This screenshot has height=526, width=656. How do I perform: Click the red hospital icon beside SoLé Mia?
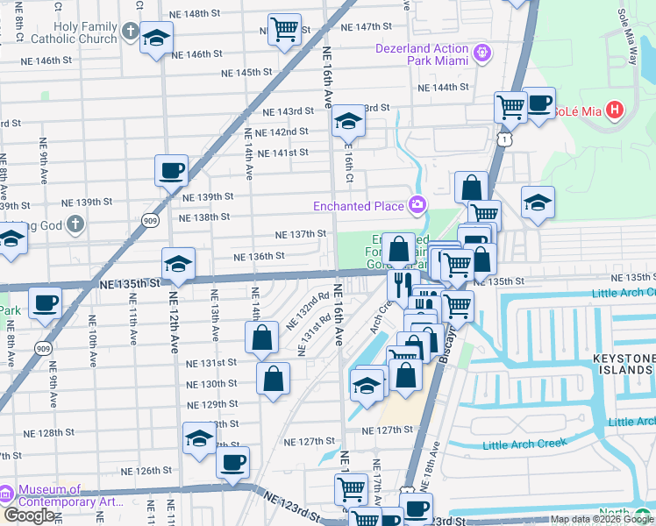tap(614, 111)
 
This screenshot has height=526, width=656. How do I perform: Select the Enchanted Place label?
tap(360, 206)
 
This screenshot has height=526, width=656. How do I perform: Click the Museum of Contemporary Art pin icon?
tap(8, 496)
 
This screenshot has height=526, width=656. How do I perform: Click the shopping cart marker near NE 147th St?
tap(284, 30)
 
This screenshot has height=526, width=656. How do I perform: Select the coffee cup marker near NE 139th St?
tap(171, 169)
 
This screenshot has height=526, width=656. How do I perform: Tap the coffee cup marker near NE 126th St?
tap(232, 462)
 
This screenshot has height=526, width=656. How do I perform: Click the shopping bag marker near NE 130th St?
tap(273, 379)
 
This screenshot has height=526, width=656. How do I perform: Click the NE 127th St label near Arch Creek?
tap(388, 430)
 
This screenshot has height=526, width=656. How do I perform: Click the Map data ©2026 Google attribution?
tap(602, 519)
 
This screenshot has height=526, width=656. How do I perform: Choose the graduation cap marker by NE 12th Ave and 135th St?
tap(178, 263)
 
